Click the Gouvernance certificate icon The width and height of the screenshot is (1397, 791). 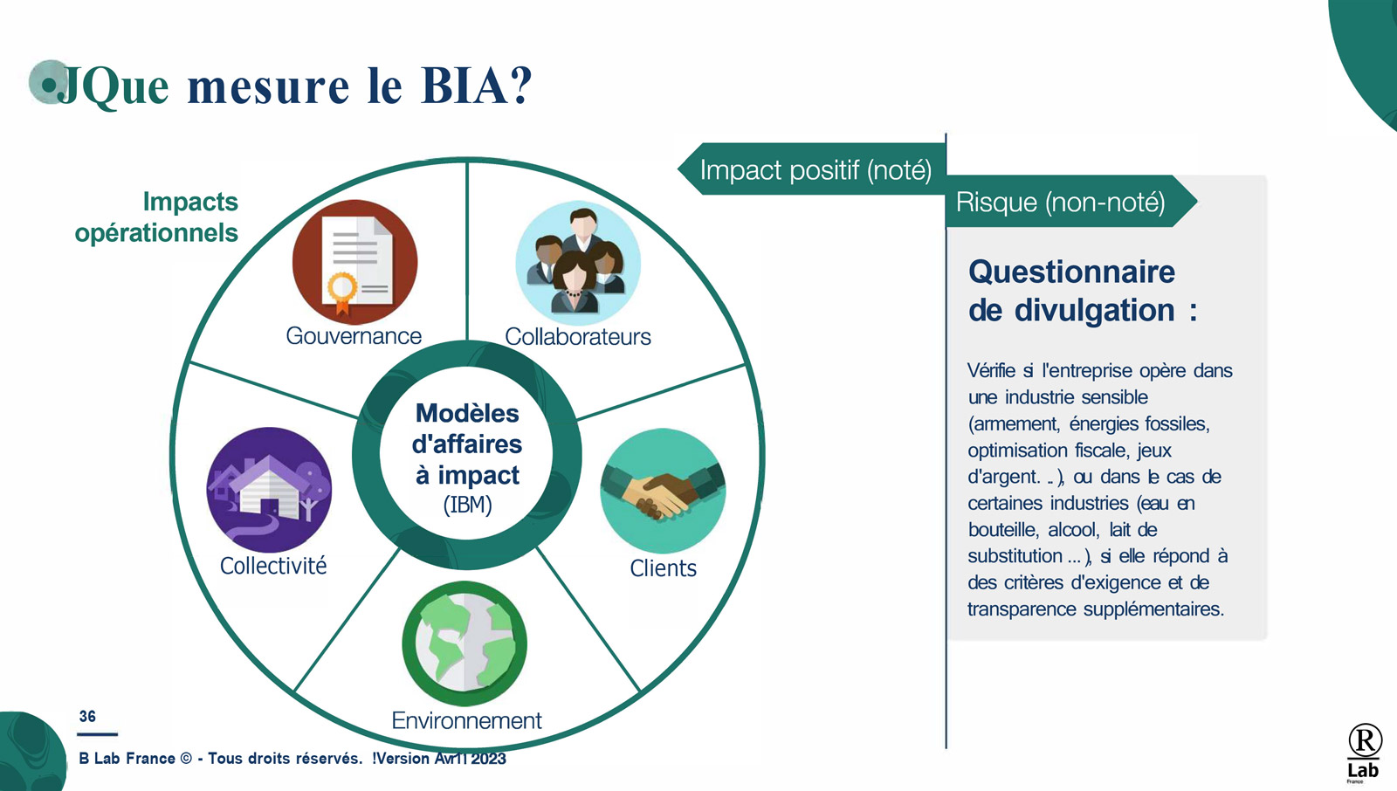(354, 262)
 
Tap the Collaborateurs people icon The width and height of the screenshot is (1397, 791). (578, 263)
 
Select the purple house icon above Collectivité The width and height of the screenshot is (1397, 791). (269, 490)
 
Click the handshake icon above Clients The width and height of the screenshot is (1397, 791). (663, 491)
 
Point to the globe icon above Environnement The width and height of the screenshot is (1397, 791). (465, 643)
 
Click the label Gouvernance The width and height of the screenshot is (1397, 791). (354, 336)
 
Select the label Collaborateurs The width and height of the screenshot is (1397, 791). (577, 337)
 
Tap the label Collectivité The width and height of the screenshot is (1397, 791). (273, 566)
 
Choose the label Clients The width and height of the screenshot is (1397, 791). (663, 568)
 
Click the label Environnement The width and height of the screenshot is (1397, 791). (466, 720)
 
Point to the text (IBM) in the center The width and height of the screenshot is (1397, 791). (468, 505)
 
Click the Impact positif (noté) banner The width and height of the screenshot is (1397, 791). (812, 169)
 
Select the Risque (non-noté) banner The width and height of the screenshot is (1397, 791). (1070, 202)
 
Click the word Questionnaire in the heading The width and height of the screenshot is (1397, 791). (1071, 272)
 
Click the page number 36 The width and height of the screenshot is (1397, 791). (87, 716)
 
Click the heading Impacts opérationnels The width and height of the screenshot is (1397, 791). (156, 217)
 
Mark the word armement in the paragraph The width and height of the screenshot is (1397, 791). (1014, 424)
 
